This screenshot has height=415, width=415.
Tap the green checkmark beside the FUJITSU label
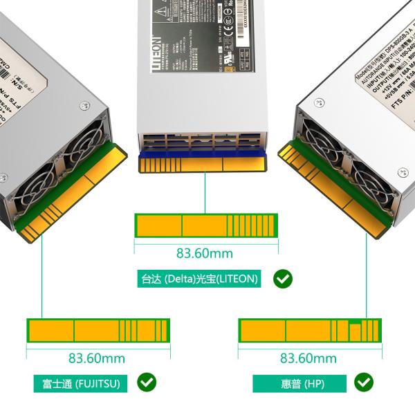click(x=147, y=382)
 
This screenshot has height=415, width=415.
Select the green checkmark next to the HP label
click(x=364, y=382)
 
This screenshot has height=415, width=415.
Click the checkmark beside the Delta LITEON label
click(x=283, y=279)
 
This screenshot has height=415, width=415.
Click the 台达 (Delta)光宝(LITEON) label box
click(x=199, y=279)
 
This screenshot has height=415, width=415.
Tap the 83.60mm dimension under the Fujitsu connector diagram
click(x=97, y=358)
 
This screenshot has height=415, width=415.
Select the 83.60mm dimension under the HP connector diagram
click(x=308, y=358)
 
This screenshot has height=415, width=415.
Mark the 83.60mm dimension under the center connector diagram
click(x=205, y=253)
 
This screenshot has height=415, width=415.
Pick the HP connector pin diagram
click(x=309, y=330)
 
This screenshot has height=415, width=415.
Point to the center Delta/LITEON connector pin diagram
click(x=205, y=225)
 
